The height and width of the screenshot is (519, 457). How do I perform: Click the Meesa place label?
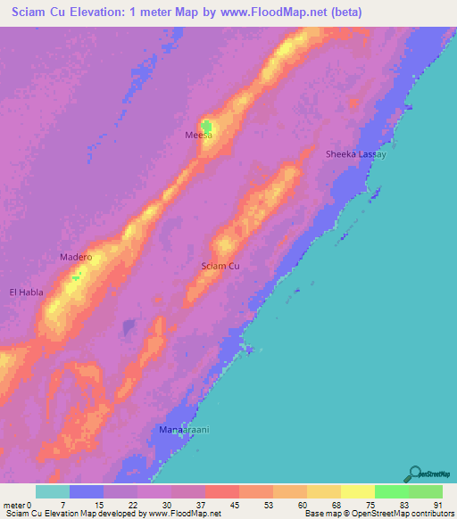[198, 135]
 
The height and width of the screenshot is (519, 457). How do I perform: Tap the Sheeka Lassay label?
[355, 154]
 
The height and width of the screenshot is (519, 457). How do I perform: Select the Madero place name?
[76, 257]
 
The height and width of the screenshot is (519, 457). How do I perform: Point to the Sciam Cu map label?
[220, 266]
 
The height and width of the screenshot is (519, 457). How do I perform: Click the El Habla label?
[25, 292]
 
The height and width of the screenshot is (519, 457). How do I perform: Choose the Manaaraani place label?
[183, 431]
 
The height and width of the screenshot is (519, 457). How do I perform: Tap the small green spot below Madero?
[76, 277]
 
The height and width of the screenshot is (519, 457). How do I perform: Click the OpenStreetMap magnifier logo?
[414, 474]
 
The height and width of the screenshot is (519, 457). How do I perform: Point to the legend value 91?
[436, 505]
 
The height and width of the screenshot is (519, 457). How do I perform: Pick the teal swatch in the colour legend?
[53, 491]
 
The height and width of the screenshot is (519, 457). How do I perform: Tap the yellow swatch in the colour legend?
[357, 491]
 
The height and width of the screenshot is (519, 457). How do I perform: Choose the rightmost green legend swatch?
[425, 491]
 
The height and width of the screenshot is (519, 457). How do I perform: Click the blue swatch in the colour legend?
[87, 491]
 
